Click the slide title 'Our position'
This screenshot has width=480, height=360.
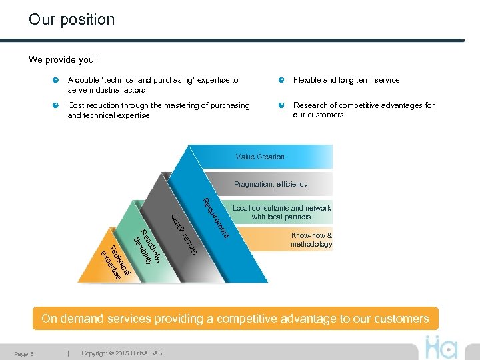pyautogui.click(x=71, y=19)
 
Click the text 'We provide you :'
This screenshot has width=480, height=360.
pyautogui.click(x=63, y=59)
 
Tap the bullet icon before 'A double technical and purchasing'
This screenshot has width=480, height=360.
pyautogui.click(x=56, y=80)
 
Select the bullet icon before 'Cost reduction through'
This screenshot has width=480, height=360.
pyautogui.click(x=56, y=105)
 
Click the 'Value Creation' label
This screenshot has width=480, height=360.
pyautogui.click(x=260, y=157)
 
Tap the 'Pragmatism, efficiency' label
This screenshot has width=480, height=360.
pyautogui.click(x=271, y=184)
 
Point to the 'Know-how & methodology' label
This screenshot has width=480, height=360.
pyautogui.click(x=311, y=240)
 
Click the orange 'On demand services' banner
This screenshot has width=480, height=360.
pyautogui.click(x=235, y=319)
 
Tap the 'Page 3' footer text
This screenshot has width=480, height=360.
pyautogui.click(x=24, y=353)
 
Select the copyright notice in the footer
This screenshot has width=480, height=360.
pyautogui.click(x=121, y=353)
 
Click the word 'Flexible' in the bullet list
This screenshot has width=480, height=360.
pyautogui.click(x=307, y=80)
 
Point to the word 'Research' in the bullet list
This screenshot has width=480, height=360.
pyautogui.click(x=310, y=105)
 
